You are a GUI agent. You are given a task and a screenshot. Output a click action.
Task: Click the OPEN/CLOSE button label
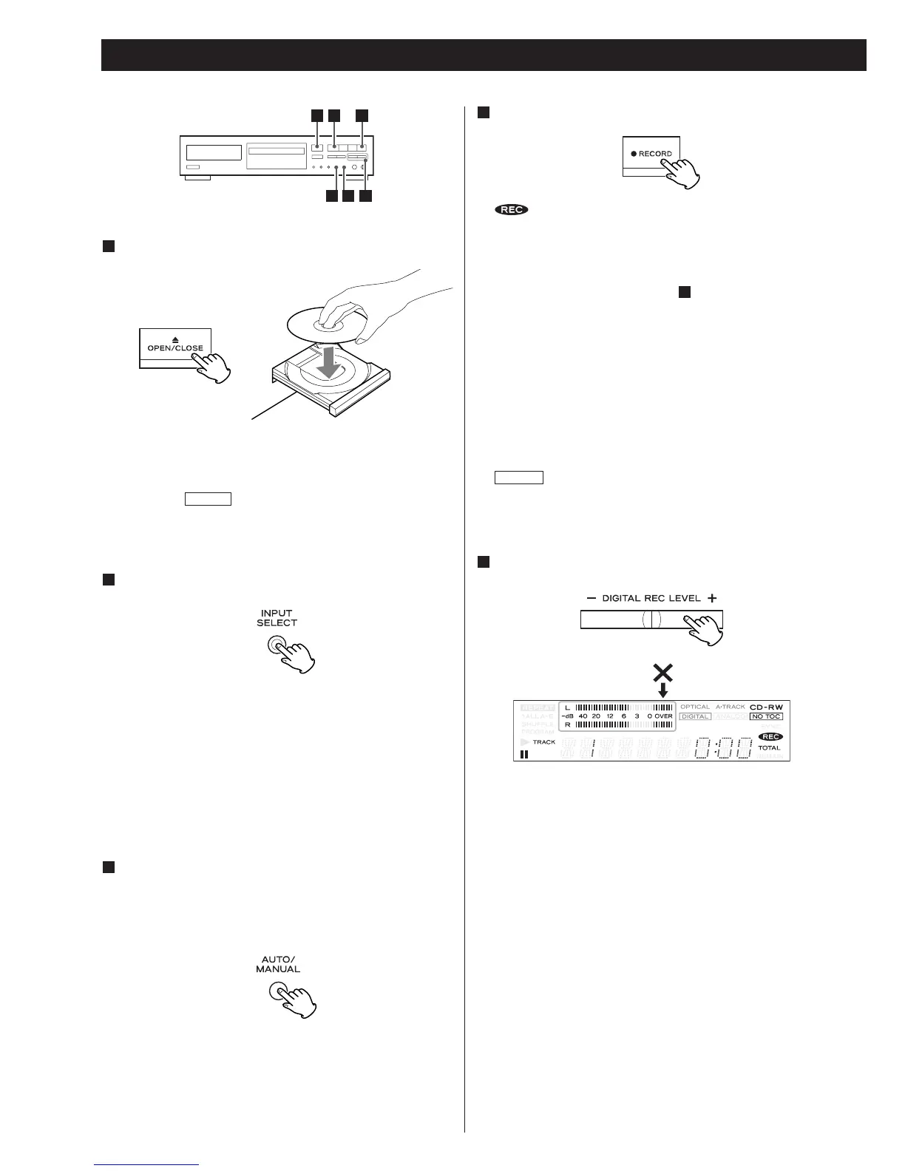175,347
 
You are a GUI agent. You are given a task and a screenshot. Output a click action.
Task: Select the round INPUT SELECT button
277,645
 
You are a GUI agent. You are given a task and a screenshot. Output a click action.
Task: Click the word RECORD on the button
655,154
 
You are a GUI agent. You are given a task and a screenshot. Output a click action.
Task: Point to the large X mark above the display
662,673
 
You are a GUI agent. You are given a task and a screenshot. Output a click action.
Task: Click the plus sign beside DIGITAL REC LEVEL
711,598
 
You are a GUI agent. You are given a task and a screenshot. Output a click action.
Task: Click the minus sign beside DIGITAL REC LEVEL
592,598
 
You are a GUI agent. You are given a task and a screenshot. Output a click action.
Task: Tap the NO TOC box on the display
766,716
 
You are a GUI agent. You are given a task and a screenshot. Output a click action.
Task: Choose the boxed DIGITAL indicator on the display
695,716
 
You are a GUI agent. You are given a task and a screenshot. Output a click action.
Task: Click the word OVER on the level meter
663,716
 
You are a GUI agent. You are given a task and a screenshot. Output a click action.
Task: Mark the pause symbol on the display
524,754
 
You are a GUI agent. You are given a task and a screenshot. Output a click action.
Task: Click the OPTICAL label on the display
695,707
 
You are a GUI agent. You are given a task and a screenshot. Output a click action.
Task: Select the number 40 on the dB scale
583,716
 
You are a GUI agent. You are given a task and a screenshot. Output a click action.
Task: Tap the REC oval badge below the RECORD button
512,210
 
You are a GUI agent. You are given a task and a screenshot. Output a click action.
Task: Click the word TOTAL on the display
769,747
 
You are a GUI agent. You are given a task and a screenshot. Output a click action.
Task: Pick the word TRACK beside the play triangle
544,741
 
